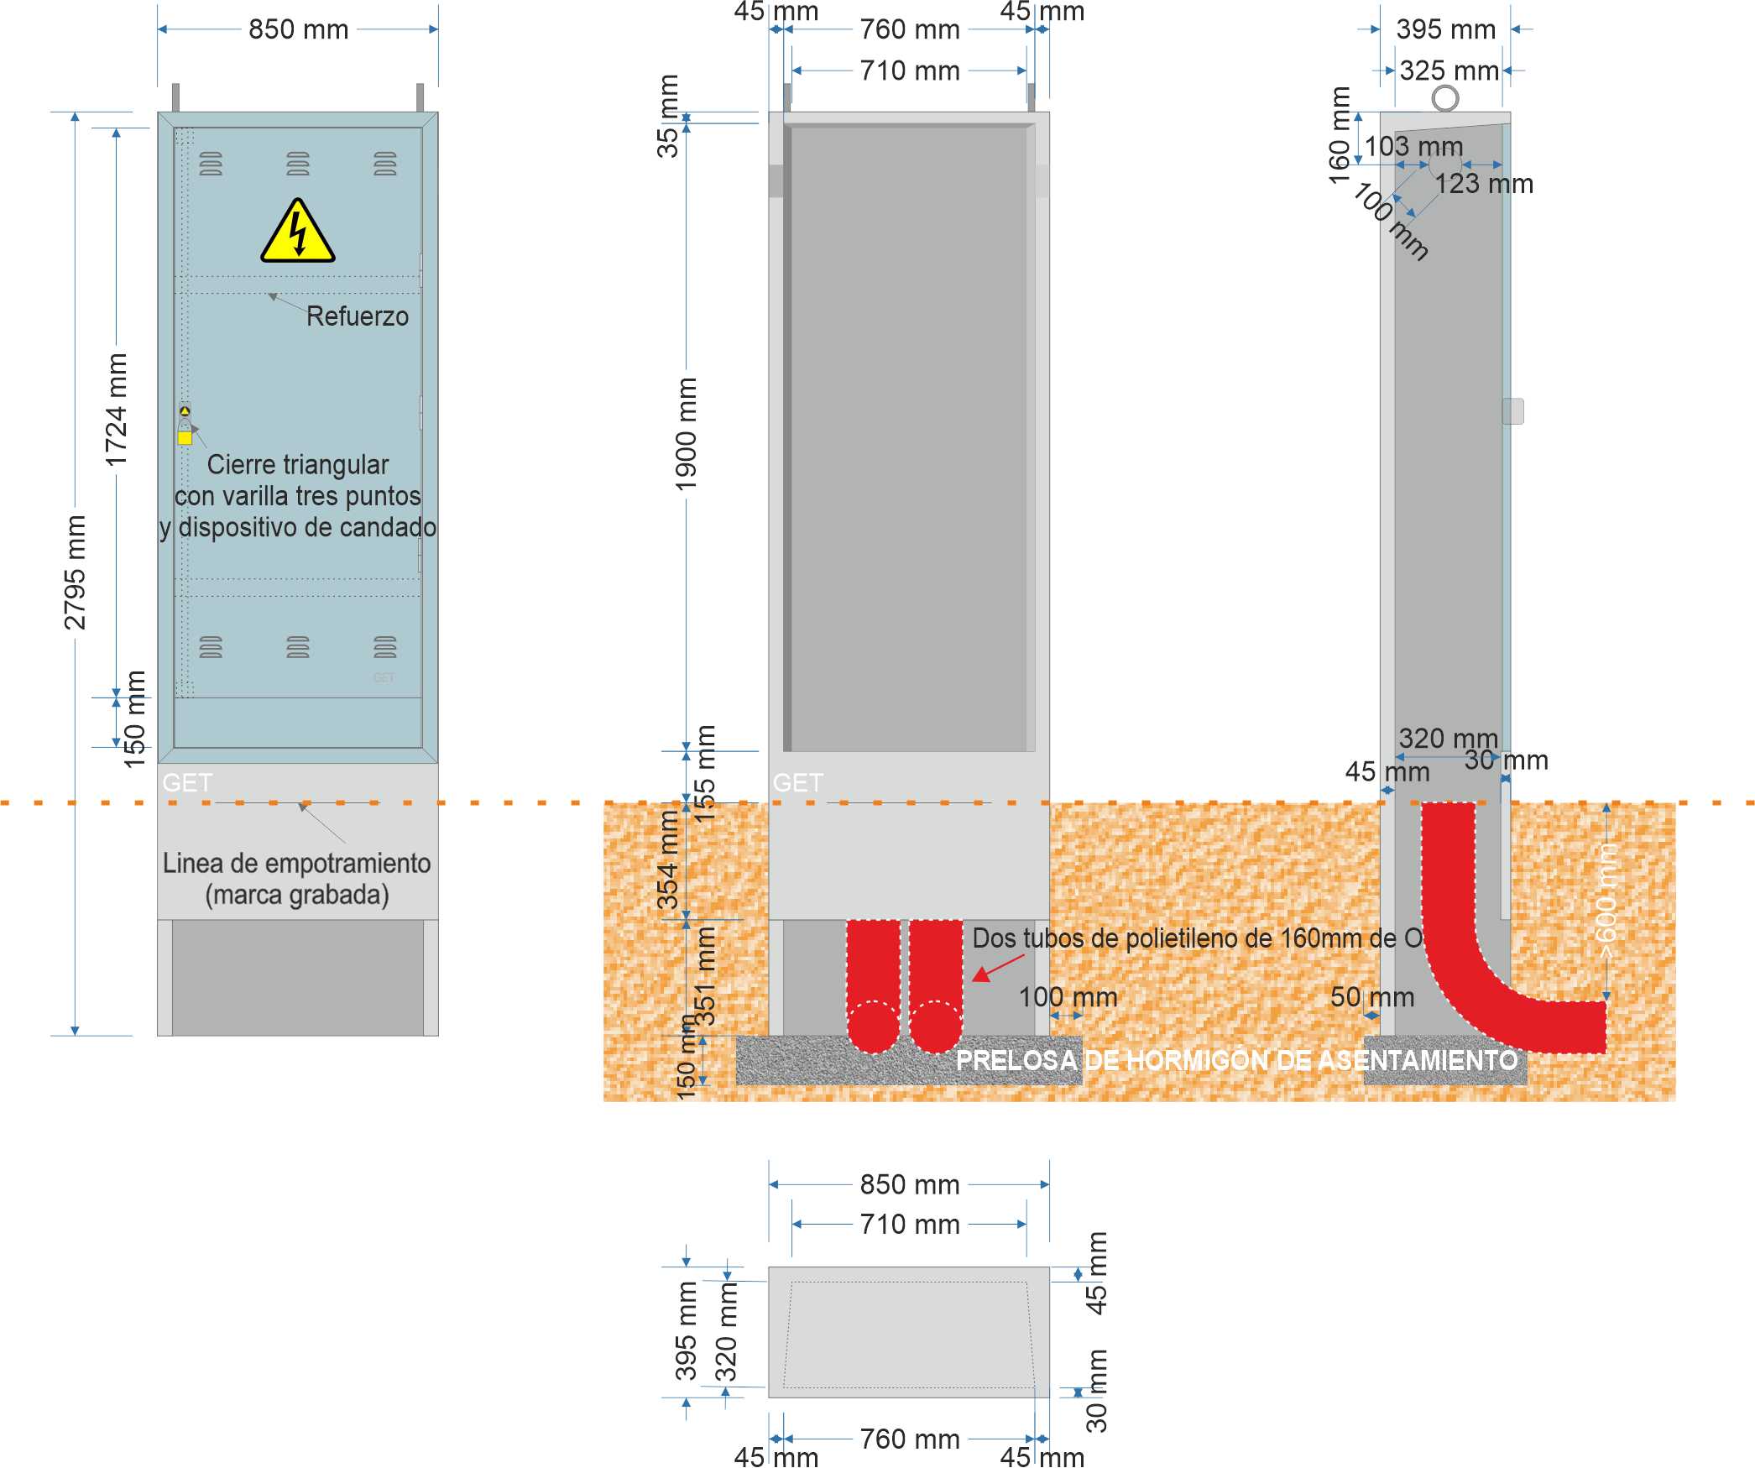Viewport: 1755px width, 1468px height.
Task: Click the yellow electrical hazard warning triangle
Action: pyautogui.click(x=297, y=233)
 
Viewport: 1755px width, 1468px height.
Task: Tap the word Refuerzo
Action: pyautogui.click(x=357, y=316)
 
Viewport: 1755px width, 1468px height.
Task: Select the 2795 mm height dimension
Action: pyautogui.click(x=76, y=572)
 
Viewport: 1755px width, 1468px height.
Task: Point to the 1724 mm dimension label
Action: pyautogui.click(x=117, y=410)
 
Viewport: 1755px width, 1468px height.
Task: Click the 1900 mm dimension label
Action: pyautogui.click(x=687, y=434)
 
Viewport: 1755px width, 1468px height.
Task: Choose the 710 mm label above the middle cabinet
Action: pyautogui.click(x=910, y=71)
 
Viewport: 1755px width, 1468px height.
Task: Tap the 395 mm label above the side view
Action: pyautogui.click(x=1445, y=29)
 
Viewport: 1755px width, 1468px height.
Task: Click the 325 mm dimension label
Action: pyautogui.click(x=1449, y=71)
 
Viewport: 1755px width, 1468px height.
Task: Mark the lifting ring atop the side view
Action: pyautogui.click(x=1444, y=98)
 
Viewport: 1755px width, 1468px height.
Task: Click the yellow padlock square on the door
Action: pyautogui.click(x=185, y=437)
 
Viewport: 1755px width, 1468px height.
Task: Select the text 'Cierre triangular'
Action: pyautogui.click(x=298, y=464)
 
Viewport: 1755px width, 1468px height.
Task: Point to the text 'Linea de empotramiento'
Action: pyautogui.click(x=296, y=863)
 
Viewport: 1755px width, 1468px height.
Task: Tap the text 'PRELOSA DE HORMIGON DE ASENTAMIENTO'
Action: pyautogui.click(x=1236, y=1060)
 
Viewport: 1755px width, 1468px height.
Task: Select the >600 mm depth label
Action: pyautogui.click(x=1606, y=902)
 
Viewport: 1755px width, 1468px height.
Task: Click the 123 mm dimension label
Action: pyautogui.click(x=1483, y=184)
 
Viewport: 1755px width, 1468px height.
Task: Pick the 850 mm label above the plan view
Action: pyautogui.click(x=910, y=1184)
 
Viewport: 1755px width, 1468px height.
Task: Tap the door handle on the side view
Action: pyautogui.click(x=1512, y=411)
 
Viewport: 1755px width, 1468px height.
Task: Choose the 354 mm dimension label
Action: pyautogui.click(x=668, y=861)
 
